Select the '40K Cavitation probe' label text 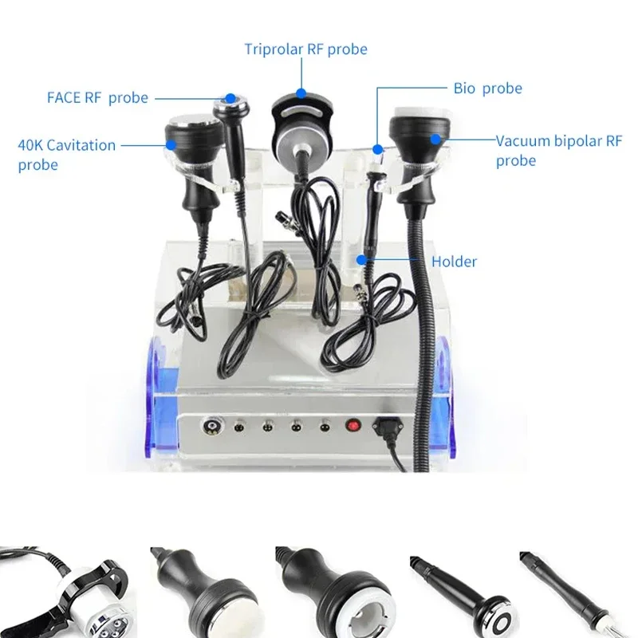point(67,155)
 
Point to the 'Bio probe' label point(487,88)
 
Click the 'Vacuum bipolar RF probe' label point(558,150)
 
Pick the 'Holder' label point(454,261)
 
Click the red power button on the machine point(352,426)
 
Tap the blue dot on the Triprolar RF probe point(301,92)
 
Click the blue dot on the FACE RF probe point(230,99)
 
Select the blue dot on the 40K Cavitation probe point(171,145)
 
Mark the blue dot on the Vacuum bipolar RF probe point(435,140)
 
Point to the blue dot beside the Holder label point(362,259)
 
